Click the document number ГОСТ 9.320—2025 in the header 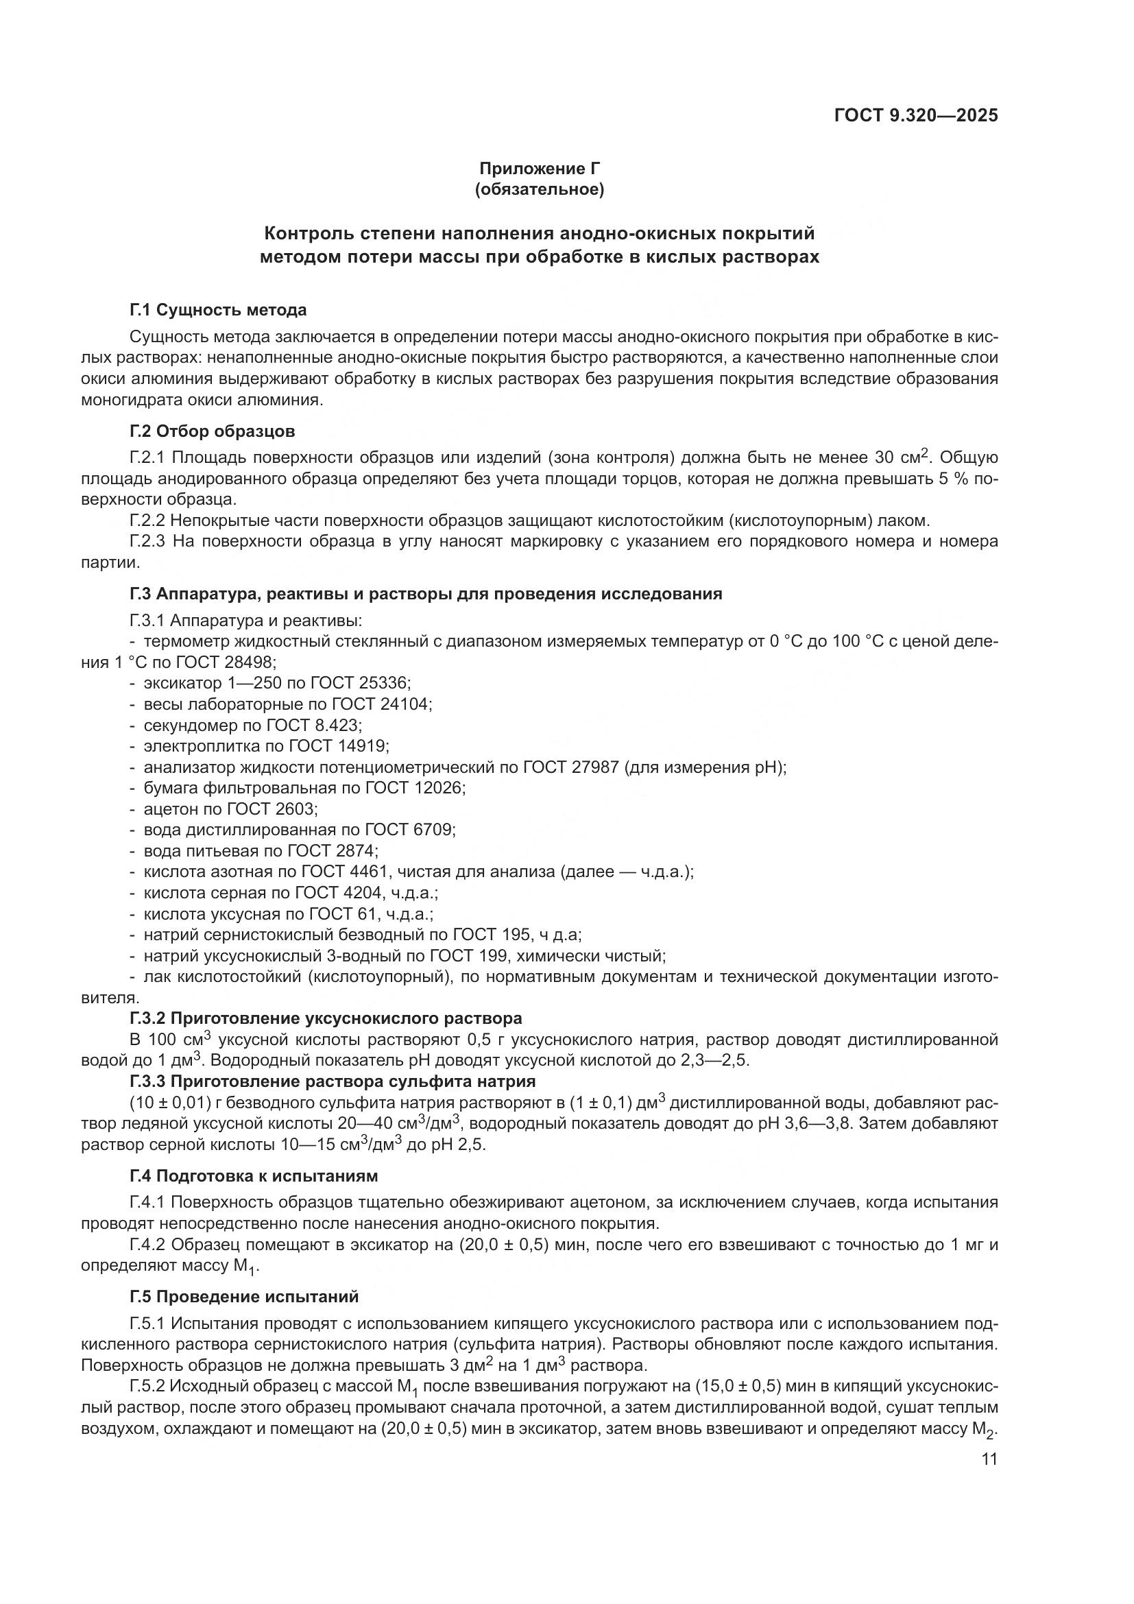coord(915,115)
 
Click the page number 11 coord(989,1459)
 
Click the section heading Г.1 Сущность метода coord(218,309)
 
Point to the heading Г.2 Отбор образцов coord(213,431)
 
